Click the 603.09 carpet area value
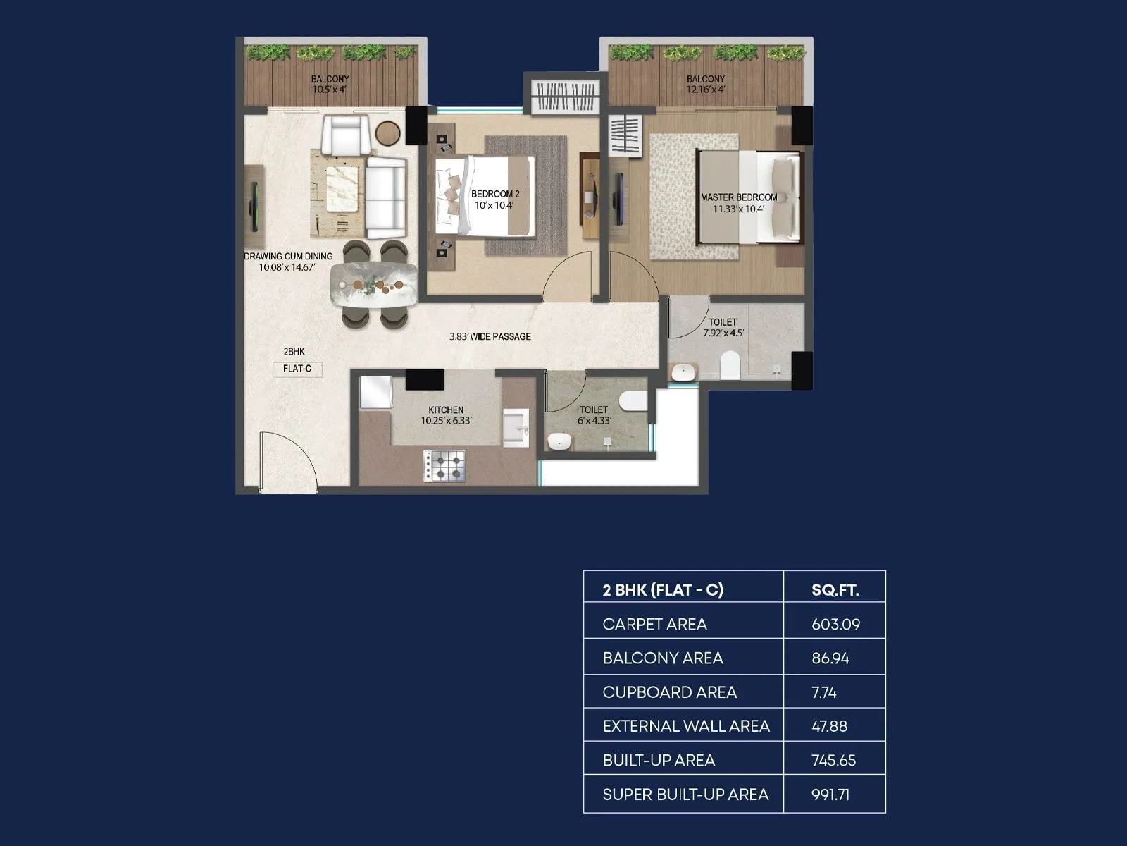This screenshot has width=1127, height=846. pyautogui.click(x=835, y=624)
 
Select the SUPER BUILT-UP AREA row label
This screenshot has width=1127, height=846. pyautogui.click(x=685, y=795)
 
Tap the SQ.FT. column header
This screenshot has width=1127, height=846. pyautogui.click(x=835, y=590)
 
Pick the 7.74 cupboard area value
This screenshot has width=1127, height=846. pyautogui.click(x=823, y=692)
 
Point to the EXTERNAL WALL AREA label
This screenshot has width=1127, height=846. pyautogui.click(x=685, y=726)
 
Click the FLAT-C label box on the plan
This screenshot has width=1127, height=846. pyautogui.click(x=297, y=369)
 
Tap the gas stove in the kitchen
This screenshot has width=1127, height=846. pyautogui.click(x=444, y=466)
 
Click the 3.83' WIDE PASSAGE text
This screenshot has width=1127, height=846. pyautogui.click(x=490, y=336)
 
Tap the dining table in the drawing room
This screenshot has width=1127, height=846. pyautogui.click(x=374, y=284)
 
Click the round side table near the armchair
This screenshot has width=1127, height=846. pyautogui.click(x=387, y=133)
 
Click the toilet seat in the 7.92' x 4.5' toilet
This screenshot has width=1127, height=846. pyautogui.click(x=730, y=365)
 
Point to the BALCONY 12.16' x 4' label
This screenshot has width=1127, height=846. pyautogui.click(x=705, y=84)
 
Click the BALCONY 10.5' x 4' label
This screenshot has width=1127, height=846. pyautogui.click(x=330, y=84)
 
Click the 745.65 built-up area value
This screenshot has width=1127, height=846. pyautogui.click(x=834, y=760)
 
